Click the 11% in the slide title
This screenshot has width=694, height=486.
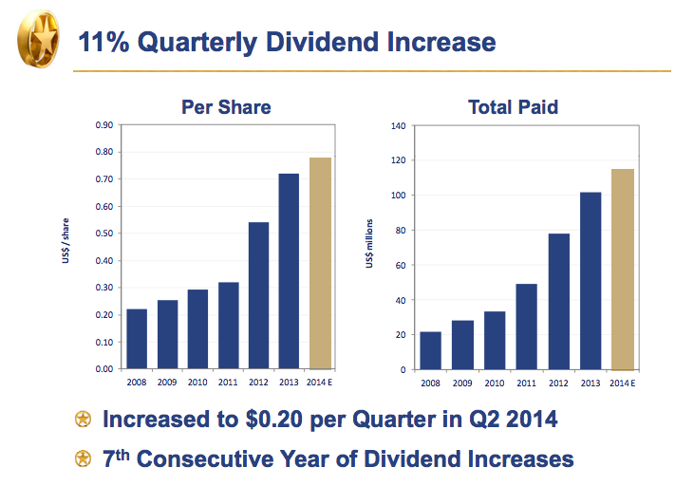tap(102, 42)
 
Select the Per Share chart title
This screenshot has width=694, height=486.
tap(226, 107)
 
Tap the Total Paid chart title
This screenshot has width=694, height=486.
tap(513, 107)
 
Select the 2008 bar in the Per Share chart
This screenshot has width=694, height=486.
tap(137, 338)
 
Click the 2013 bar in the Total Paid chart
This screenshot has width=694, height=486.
tap(591, 280)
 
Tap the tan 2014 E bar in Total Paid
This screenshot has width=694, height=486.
tap(623, 269)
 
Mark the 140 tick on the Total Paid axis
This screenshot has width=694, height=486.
tap(398, 126)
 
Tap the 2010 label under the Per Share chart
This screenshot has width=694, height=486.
tap(197, 382)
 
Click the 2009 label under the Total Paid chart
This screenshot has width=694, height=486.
tap(462, 383)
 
